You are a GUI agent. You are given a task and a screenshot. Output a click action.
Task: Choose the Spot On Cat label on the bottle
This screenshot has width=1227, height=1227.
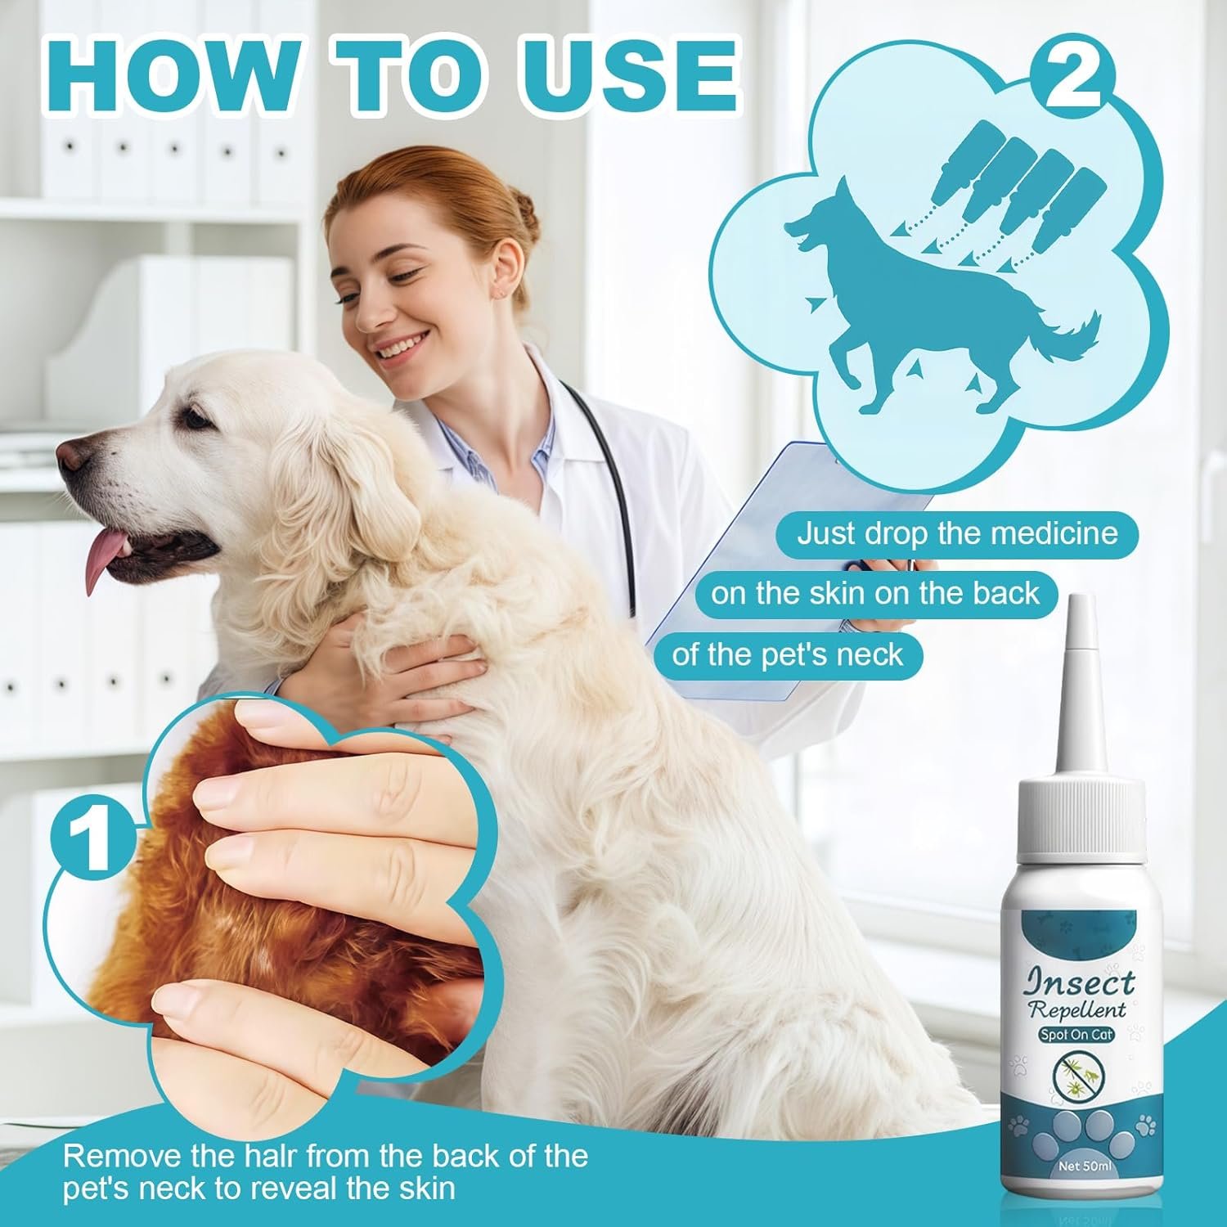[x=1076, y=1035]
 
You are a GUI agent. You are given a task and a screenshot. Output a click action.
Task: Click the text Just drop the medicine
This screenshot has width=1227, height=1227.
[x=957, y=533]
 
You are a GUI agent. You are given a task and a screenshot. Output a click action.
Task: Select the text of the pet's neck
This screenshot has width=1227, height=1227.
[x=787, y=654]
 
